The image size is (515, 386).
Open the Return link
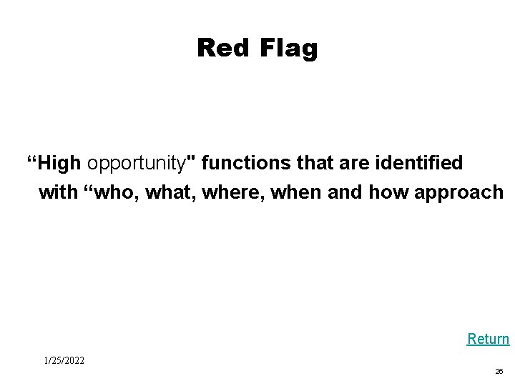(x=488, y=338)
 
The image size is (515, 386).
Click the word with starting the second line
(x=57, y=193)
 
